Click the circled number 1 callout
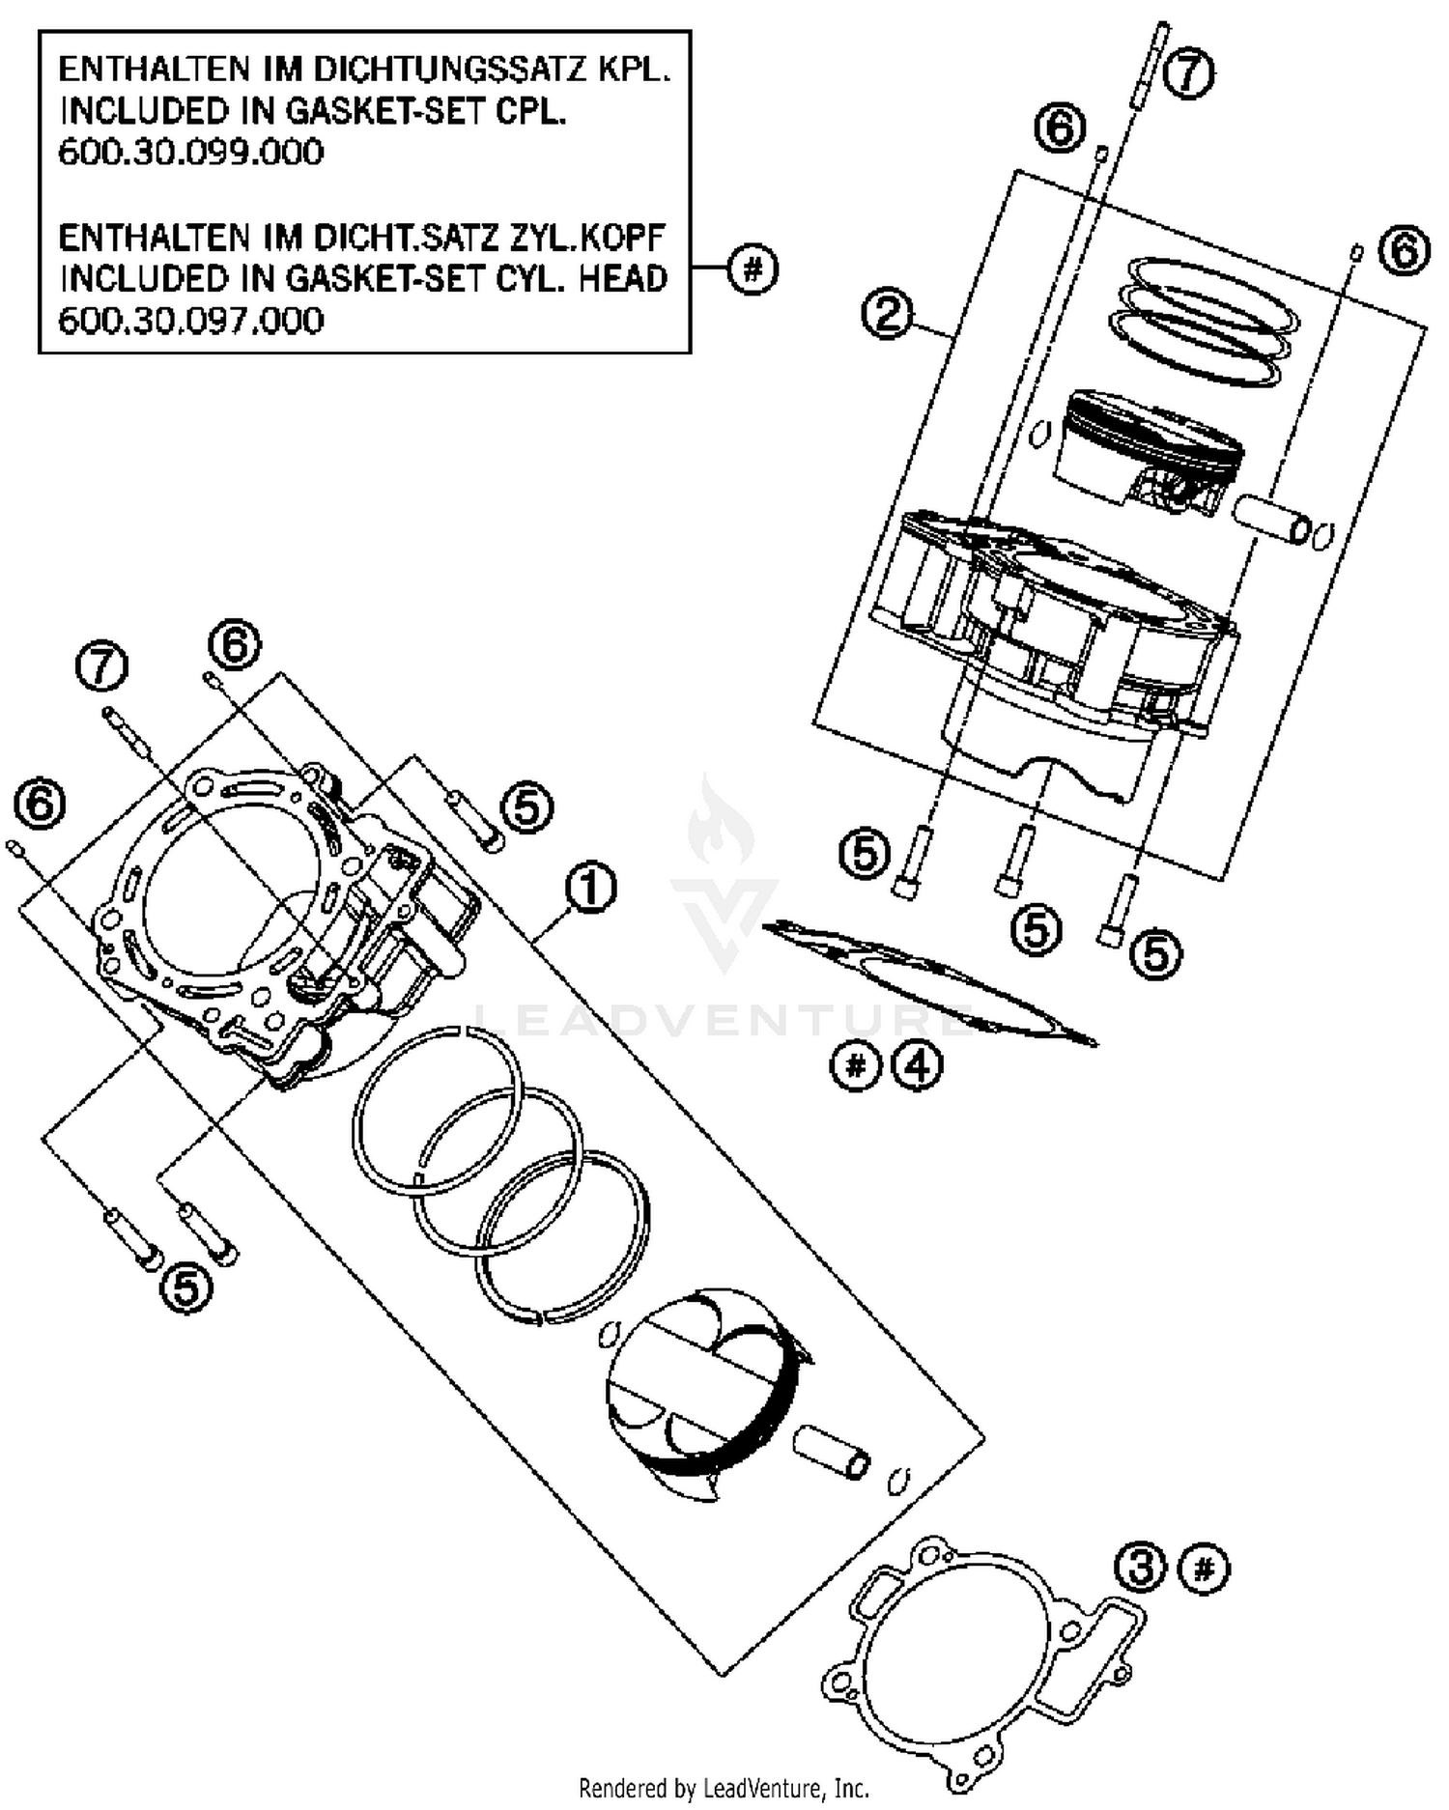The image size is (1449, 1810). pos(591,889)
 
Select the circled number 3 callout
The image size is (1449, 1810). pos(1142,1568)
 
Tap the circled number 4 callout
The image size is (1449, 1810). pos(917,1066)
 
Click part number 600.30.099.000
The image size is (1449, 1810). pos(191,153)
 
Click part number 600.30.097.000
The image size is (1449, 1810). pos(191,320)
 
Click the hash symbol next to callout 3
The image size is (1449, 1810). pos(1205,1568)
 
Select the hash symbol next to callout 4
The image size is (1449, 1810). pos(856,1066)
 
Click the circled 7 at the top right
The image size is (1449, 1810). pos(1188,73)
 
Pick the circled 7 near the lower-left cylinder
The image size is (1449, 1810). pos(102,667)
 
